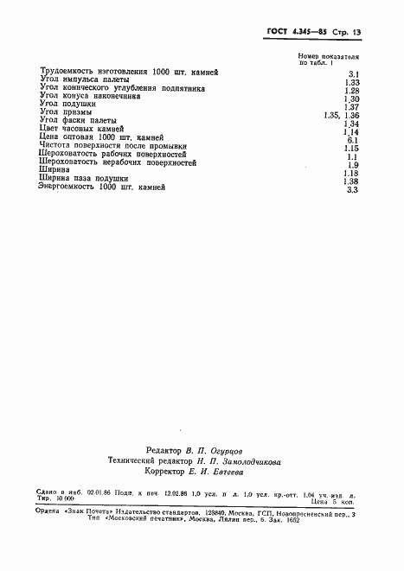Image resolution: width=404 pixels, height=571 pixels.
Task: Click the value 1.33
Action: pyautogui.click(x=352, y=84)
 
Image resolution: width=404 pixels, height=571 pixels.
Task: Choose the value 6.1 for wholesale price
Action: pyautogui.click(x=352, y=140)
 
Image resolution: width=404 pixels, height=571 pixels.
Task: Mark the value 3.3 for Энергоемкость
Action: pyautogui.click(x=352, y=190)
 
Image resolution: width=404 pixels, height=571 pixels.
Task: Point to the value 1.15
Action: pyautogui.click(x=352, y=149)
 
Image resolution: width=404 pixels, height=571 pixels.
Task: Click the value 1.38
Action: pyautogui.click(x=351, y=181)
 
